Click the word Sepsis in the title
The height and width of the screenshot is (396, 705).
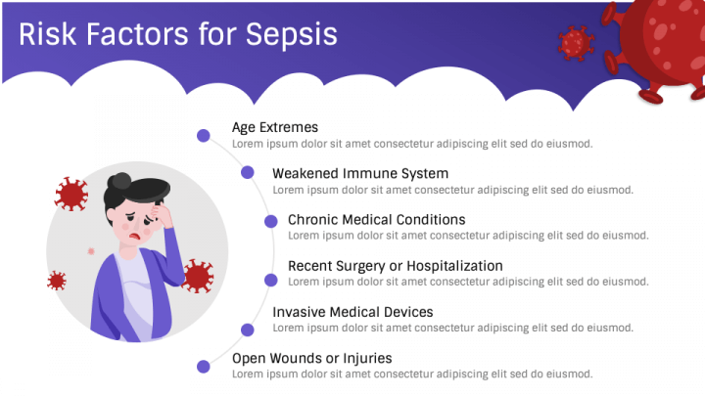point(292,35)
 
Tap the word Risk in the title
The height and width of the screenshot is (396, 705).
point(47,34)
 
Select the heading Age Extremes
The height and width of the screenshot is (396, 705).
point(275,127)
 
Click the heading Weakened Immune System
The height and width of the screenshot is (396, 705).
point(360,173)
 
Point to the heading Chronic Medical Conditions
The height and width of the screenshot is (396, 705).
point(376,220)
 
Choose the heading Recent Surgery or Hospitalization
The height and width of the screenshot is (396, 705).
point(396,266)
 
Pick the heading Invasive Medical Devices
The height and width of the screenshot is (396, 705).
point(352,312)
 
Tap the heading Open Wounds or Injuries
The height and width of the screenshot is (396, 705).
point(311,358)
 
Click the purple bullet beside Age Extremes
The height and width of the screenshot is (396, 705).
point(204,135)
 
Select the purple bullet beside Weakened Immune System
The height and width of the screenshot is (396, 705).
point(248,172)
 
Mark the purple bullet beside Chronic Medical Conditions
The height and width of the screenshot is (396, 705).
point(270,221)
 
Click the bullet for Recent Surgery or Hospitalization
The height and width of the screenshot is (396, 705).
point(270,281)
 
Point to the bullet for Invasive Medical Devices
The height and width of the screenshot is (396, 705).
point(248,330)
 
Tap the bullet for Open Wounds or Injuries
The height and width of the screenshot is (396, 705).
point(204,367)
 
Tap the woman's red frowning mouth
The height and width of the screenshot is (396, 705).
point(134,236)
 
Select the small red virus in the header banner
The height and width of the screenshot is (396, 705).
point(576,43)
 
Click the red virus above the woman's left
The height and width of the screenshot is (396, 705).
point(71,194)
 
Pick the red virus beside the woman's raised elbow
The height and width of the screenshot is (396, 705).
point(198,276)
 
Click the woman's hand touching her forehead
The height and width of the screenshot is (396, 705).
point(162,214)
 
